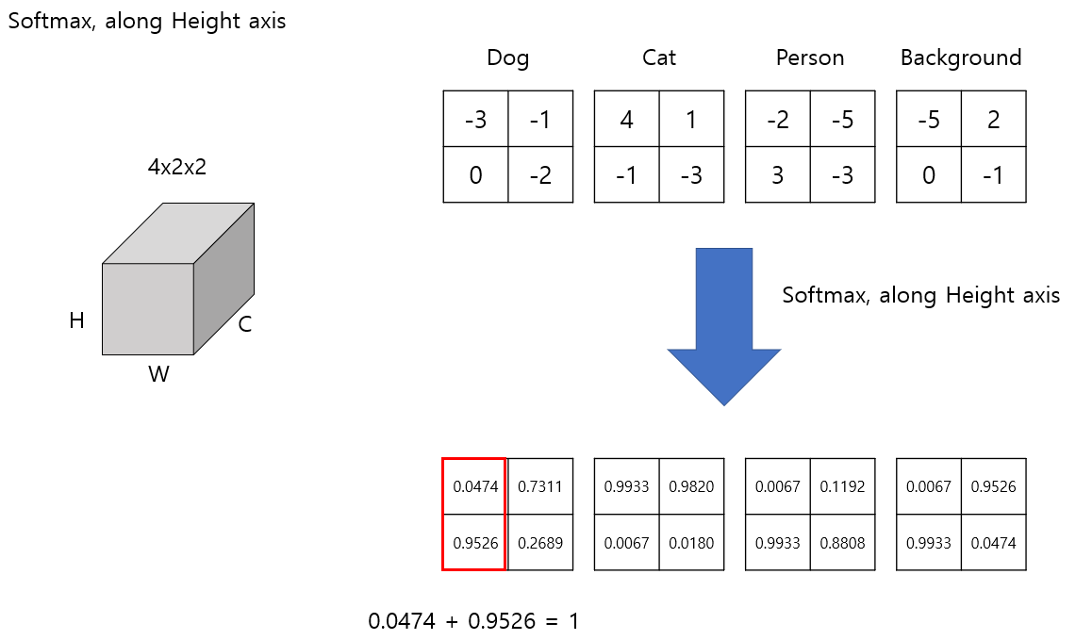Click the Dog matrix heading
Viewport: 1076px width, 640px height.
(507, 58)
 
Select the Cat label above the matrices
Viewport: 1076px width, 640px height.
(658, 58)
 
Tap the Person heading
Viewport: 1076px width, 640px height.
(809, 58)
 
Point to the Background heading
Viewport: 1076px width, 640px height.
(960, 58)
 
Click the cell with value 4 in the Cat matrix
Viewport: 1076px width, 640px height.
(626, 120)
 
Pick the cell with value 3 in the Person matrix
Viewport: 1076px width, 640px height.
(777, 175)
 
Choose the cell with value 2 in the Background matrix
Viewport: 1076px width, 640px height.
(993, 120)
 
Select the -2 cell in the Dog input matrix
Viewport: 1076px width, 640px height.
(540, 175)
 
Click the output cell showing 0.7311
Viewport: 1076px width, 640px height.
(540, 487)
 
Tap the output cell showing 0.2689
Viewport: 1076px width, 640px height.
(540, 543)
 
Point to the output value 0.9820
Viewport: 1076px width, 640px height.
(691, 487)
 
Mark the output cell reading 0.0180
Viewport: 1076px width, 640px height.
(691, 543)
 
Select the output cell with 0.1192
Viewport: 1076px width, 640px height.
(842, 487)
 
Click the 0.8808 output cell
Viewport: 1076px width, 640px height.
(842, 543)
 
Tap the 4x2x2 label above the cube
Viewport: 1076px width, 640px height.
(176, 168)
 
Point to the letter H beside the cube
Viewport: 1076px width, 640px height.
(77, 321)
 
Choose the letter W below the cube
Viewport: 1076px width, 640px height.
(158, 375)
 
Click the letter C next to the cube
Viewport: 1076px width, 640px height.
(245, 325)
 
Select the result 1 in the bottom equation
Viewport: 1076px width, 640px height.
(574, 622)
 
